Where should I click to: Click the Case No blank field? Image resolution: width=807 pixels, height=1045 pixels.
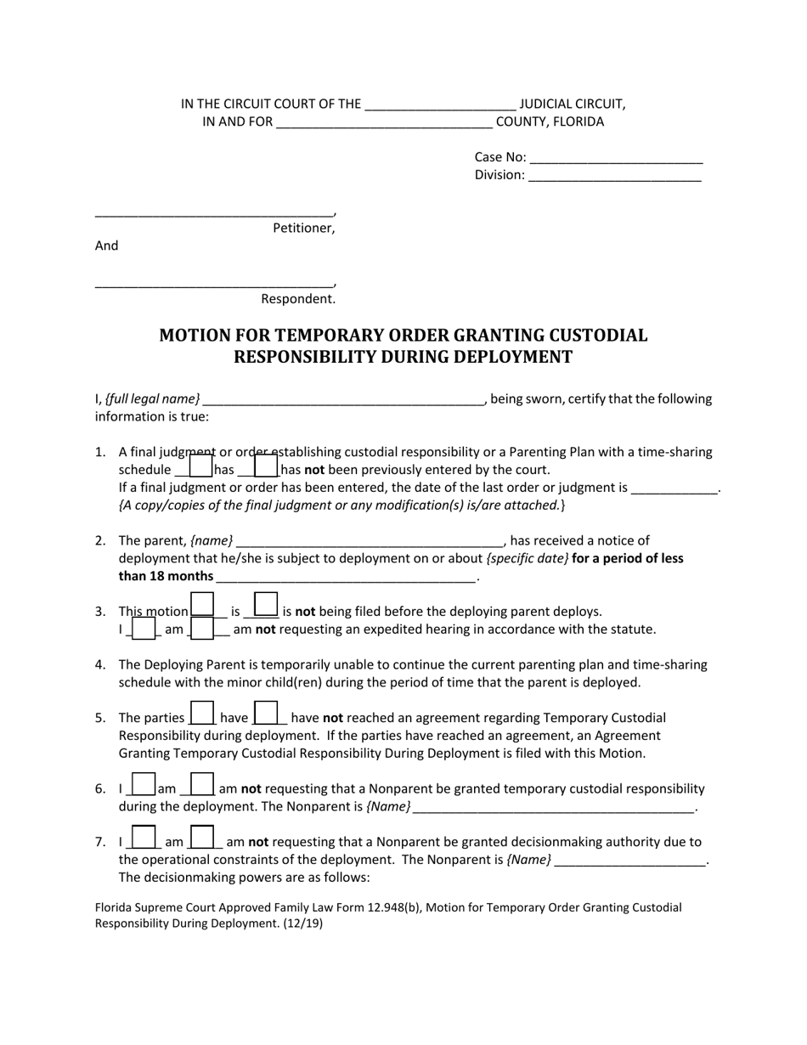[x=616, y=158]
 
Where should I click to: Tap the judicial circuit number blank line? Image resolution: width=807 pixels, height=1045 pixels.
[x=439, y=105]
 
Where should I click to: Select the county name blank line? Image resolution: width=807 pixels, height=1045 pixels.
[x=384, y=122]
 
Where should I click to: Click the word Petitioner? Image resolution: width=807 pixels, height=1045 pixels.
[x=303, y=229]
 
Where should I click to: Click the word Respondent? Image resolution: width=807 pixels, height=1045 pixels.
[x=298, y=299]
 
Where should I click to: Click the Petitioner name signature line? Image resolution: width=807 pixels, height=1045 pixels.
[x=214, y=212]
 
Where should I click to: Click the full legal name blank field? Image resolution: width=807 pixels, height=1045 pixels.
[x=343, y=400]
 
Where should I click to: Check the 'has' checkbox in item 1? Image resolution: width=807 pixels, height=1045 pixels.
[x=200, y=466]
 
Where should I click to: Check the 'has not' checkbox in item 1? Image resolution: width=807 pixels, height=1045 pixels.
[x=266, y=466]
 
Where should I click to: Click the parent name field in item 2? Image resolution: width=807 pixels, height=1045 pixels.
[x=370, y=541]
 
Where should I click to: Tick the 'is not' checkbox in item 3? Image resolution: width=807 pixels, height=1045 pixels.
[x=266, y=605]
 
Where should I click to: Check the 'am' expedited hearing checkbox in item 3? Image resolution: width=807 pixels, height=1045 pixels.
[x=144, y=628]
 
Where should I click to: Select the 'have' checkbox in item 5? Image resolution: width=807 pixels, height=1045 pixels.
[x=201, y=714]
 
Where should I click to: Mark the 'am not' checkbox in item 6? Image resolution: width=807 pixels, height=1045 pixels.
[x=201, y=785]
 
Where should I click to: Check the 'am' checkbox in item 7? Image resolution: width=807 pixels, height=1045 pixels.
[x=144, y=838]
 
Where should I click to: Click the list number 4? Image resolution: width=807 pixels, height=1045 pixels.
[x=100, y=665]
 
